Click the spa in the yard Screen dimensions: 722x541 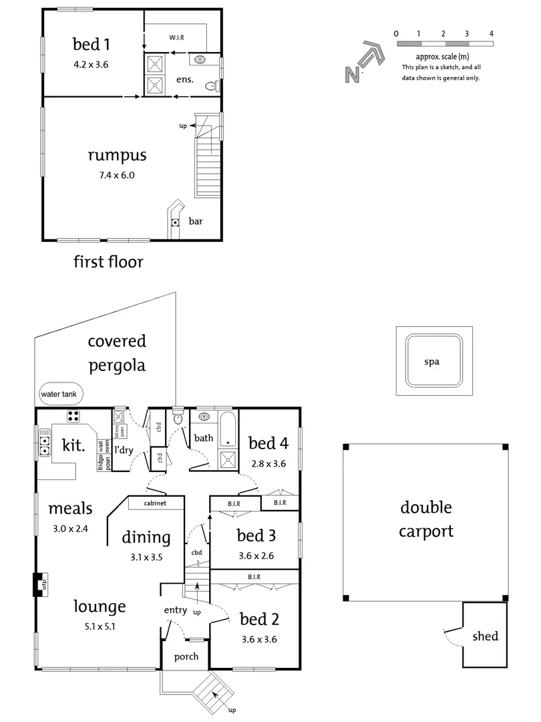point(434,362)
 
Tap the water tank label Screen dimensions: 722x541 point(59,394)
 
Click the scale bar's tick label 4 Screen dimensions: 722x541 point(492,33)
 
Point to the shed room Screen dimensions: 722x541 point(485,636)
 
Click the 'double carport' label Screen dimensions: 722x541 point(426,519)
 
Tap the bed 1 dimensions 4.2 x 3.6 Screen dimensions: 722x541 point(91,65)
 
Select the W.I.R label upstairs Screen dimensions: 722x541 point(176,37)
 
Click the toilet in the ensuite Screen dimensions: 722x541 point(212,85)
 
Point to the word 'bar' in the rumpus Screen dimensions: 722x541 point(196,220)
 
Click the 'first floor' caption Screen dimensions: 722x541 point(108,261)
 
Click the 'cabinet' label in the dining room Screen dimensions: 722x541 point(154,503)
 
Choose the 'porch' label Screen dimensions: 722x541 point(186,656)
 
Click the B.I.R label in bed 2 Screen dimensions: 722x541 point(254,576)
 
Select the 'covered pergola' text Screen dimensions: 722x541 point(117,353)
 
